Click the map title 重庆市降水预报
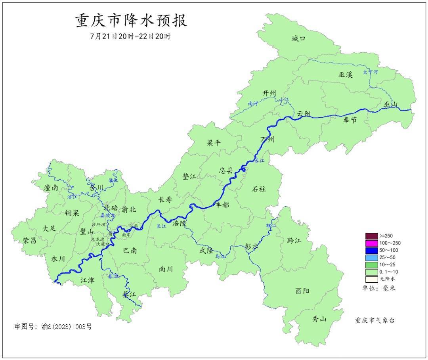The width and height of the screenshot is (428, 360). [x=131, y=21]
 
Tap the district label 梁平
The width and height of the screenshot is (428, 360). [x=214, y=143]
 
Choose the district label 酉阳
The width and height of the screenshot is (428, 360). [x=302, y=291]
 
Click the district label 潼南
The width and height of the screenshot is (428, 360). [x=51, y=188]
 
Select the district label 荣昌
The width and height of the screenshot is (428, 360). [x=29, y=240]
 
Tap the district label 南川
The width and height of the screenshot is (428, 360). [x=166, y=269]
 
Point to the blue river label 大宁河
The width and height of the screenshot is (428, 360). [x=371, y=72]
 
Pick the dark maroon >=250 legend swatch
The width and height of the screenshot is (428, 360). [x=371, y=236]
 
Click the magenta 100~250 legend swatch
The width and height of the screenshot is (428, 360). [x=371, y=243]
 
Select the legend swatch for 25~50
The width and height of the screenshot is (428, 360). [x=371, y=257]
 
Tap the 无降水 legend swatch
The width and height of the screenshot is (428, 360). [x=371, y=279]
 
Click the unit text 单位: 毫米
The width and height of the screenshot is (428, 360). [x=379, y=288]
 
